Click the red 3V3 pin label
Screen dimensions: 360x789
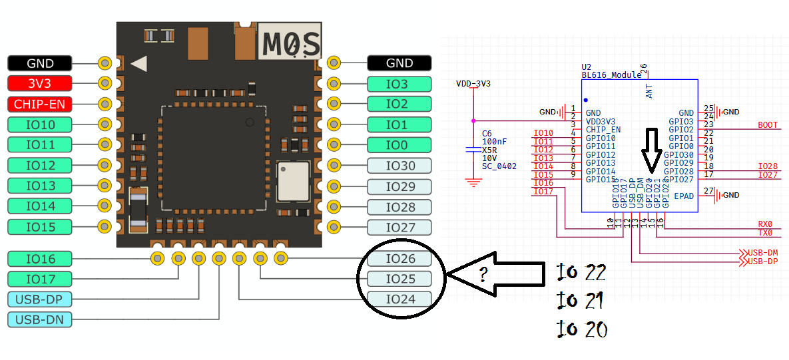(x=39, y=84)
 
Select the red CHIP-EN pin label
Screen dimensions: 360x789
(x=39, y=104)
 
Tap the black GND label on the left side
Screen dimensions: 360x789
(x=39, y=63)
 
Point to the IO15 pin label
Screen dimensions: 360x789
(x=39, y=227)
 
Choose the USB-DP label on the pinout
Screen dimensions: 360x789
(x=39, y=299)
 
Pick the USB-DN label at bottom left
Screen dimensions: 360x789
(x=39, y=320)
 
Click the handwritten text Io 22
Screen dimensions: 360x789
(x=582, y=273)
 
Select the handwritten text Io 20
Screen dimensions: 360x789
(x=582, y=329)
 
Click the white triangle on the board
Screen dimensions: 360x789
(x=139, y=64)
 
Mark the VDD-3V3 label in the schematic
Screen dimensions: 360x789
(x=473, y=84)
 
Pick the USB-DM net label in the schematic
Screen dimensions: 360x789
(x=762, y=254)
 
